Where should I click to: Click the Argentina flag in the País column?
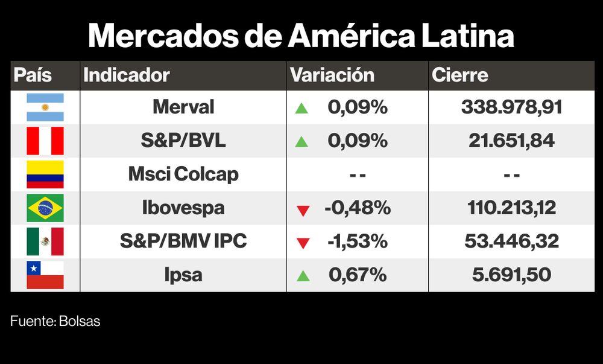pos(45,107)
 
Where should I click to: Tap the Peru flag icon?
pos(45,141)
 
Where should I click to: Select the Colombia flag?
pos(45,174)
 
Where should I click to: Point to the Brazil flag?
pos(45,208)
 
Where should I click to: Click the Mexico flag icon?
pos(45,241)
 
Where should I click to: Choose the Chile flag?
pos(45,275)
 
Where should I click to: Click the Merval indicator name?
pos(183,107)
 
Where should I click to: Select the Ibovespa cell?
pos(183,208)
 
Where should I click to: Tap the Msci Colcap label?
pos(183,174)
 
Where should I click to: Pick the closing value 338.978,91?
pos(511,107)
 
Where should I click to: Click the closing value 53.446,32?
pos(511,241)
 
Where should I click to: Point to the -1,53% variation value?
pos(357,241)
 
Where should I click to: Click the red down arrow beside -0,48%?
pos(303,210)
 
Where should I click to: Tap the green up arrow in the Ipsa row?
pos(303,276)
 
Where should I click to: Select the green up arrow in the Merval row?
pos(301,109)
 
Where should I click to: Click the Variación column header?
pos(332,75)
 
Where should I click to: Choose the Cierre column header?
pos(459,75)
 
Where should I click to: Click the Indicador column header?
pos(127,75)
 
